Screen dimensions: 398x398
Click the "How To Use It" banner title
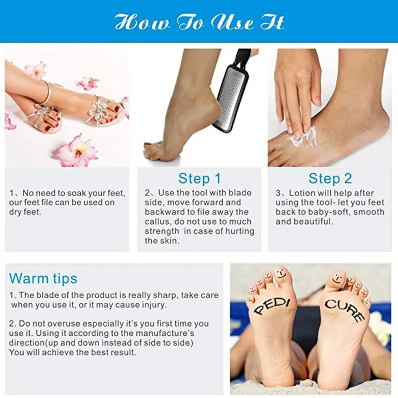pyautogui.click(x=199, y=22)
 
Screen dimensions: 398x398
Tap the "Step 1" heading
pyautogui.click(x=199, y=179)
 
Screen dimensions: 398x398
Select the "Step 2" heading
pyautogui.click(x=330, y=179)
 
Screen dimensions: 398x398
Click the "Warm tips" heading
pyautogui.click(x=43, y=279)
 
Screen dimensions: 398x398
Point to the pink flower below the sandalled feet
pyautogui.click(x=76, y=150)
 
